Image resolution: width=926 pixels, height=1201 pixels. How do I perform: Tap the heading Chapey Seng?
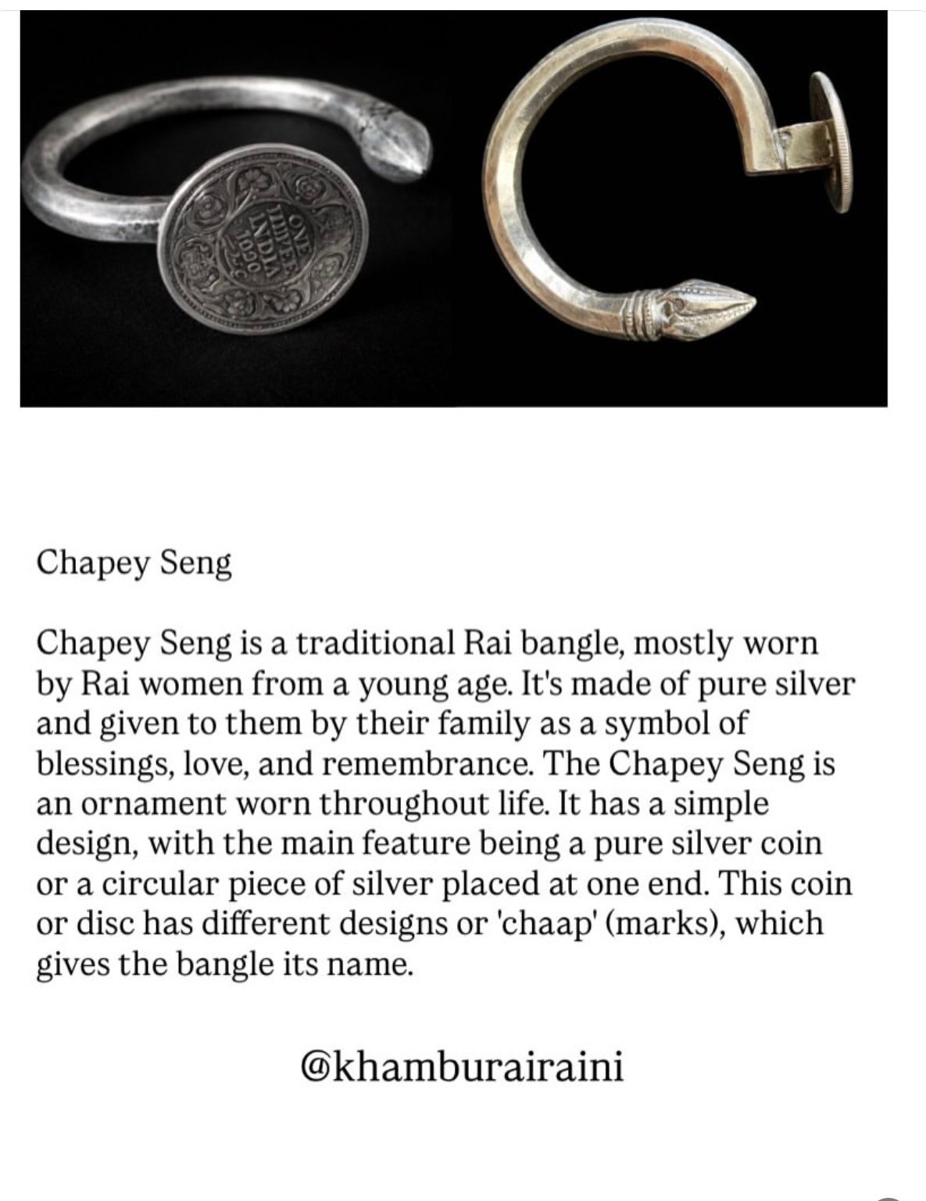[x=134, y=563]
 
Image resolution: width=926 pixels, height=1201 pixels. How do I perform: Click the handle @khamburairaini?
[x=463, y=1065]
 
